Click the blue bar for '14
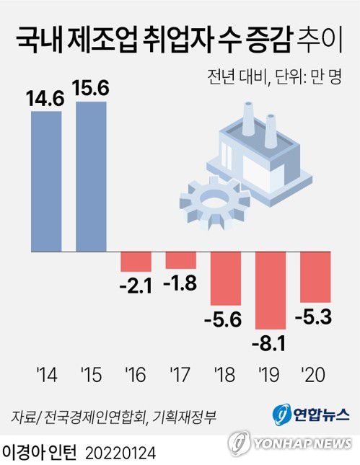pos(46,181)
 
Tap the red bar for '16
pos(136,261)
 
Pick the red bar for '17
pos(180,260)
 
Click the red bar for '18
pos(225,278)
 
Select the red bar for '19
pos(271,290)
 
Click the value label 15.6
pos(91,88)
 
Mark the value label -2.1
pos(136,285)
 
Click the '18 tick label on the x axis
pos(225,374)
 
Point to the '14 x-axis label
pos(46,374)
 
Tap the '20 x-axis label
pos(315,374)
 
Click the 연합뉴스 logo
pos(311,415)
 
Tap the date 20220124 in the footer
pos(120,452)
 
